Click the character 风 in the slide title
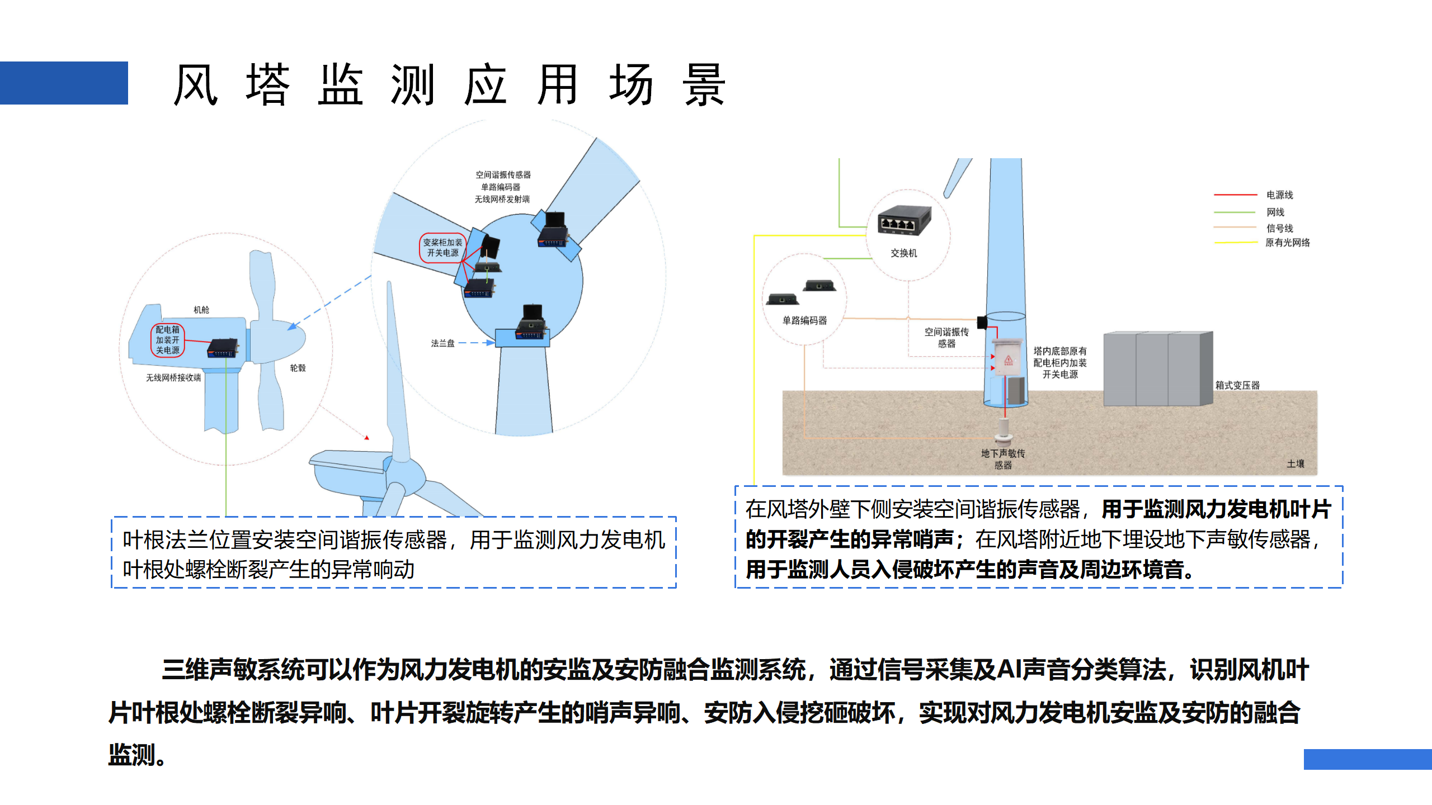[195, 85]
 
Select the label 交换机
[903, 253]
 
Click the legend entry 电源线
[1279, 195]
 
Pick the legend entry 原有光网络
[1287, 243]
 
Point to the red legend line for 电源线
[1235, 195]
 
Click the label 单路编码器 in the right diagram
[804, 320]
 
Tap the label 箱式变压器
[1237, 385]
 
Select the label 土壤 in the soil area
[1295, 463]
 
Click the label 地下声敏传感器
[1002, 459]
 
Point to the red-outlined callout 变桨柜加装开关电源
[442, 248]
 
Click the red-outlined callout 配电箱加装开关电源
[167, 340]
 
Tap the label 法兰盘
[442, 343]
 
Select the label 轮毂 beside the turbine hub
[298, 368]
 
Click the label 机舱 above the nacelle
[201, 310]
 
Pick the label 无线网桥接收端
[173, 378]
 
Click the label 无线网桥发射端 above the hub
[502, 199]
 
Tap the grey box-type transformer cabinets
[1157, 369]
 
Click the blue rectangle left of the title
[64, 83]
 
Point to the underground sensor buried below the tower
[1004, 430]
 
